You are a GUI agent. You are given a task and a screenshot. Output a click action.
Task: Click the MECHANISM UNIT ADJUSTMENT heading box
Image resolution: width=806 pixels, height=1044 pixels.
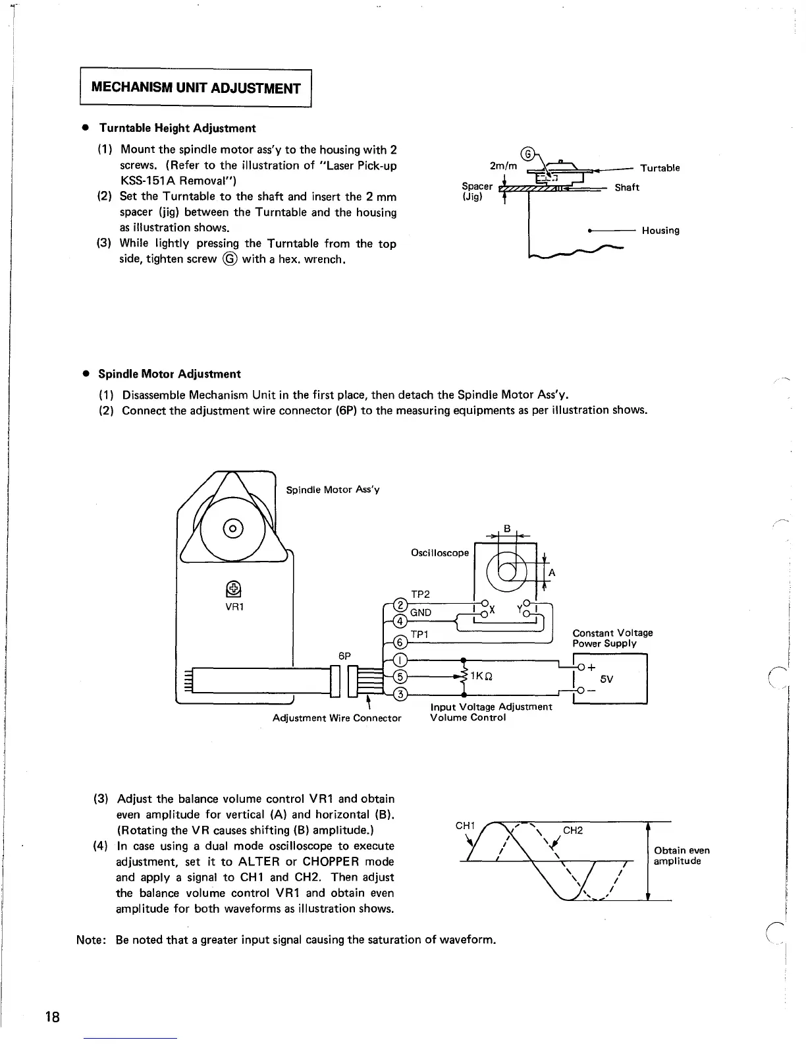click(195, 88)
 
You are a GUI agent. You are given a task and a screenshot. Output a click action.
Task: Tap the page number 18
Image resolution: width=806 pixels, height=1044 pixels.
click(53, 1016)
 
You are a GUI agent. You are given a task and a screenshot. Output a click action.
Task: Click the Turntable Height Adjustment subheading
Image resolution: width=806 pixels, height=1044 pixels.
click(176, 128)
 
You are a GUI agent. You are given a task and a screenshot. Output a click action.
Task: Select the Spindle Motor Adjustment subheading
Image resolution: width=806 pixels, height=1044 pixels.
click(169, 374)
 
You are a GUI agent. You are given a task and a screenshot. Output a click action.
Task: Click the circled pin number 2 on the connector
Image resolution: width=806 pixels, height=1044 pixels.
click(398, 604)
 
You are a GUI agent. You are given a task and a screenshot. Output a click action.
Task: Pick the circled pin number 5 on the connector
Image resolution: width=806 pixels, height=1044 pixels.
click(398, 677)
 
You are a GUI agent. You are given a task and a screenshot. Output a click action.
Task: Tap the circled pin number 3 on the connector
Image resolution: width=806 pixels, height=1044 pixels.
click(398, 693)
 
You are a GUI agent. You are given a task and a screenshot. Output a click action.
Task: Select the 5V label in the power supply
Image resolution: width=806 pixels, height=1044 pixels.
click(607, 679)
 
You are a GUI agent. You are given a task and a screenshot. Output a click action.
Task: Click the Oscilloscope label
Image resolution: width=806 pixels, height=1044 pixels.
click(439, 552)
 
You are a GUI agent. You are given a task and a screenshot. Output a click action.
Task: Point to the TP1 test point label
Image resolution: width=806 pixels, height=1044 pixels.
click(419, 633)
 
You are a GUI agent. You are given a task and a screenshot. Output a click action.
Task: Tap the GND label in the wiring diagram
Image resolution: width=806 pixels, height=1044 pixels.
click(421, 612)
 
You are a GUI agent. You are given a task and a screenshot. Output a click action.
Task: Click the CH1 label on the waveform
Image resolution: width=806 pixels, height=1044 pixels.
click(465, 826)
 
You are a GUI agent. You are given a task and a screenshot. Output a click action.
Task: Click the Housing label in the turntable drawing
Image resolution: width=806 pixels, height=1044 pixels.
click(660, 230)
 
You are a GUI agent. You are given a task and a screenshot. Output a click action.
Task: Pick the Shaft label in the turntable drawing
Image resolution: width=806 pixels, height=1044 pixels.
click(627, 187)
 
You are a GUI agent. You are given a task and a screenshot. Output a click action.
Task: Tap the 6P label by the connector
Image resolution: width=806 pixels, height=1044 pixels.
click(345, 656)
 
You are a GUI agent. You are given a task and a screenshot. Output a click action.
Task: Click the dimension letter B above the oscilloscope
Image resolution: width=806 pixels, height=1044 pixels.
click(507, 528)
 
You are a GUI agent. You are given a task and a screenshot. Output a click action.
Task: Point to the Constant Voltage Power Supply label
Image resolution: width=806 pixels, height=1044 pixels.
click(612, 638)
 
